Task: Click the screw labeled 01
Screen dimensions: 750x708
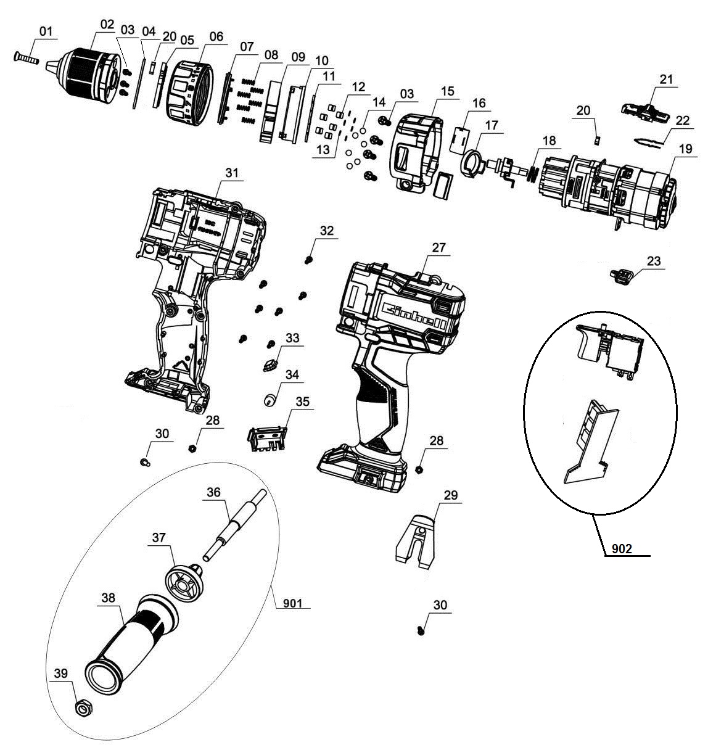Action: click(26, 59)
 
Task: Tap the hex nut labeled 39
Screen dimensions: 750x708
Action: click(82, 707)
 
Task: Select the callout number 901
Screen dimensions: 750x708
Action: click(292, 604)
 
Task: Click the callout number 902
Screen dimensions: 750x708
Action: click(622, 549)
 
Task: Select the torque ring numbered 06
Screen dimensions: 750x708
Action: click(189, 89)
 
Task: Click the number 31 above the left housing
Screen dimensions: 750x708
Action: click(230, 173)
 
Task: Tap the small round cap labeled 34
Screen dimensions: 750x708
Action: click(269, 400)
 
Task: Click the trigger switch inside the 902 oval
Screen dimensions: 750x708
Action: click(607, 350)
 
